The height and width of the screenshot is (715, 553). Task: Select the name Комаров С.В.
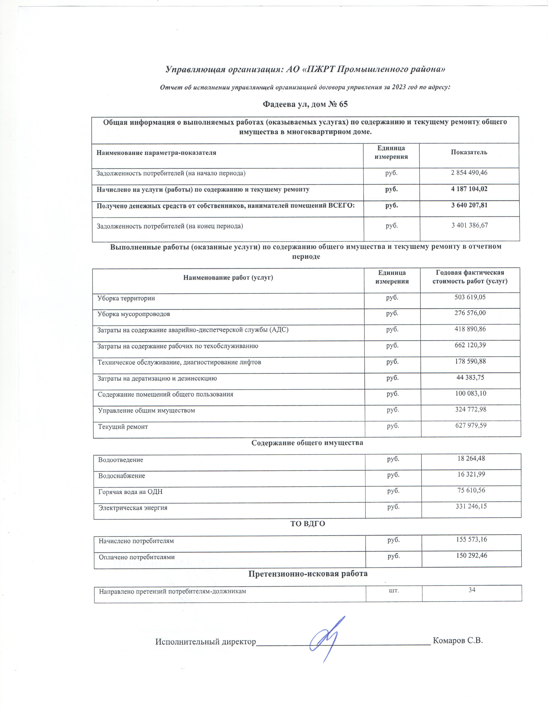(458, 640)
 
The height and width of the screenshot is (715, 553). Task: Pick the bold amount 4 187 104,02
(469, 189)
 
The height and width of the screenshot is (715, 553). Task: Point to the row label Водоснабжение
(121, 476)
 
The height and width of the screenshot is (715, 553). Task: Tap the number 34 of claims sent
(472, 590)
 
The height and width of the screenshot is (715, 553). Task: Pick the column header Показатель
(469, 152)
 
